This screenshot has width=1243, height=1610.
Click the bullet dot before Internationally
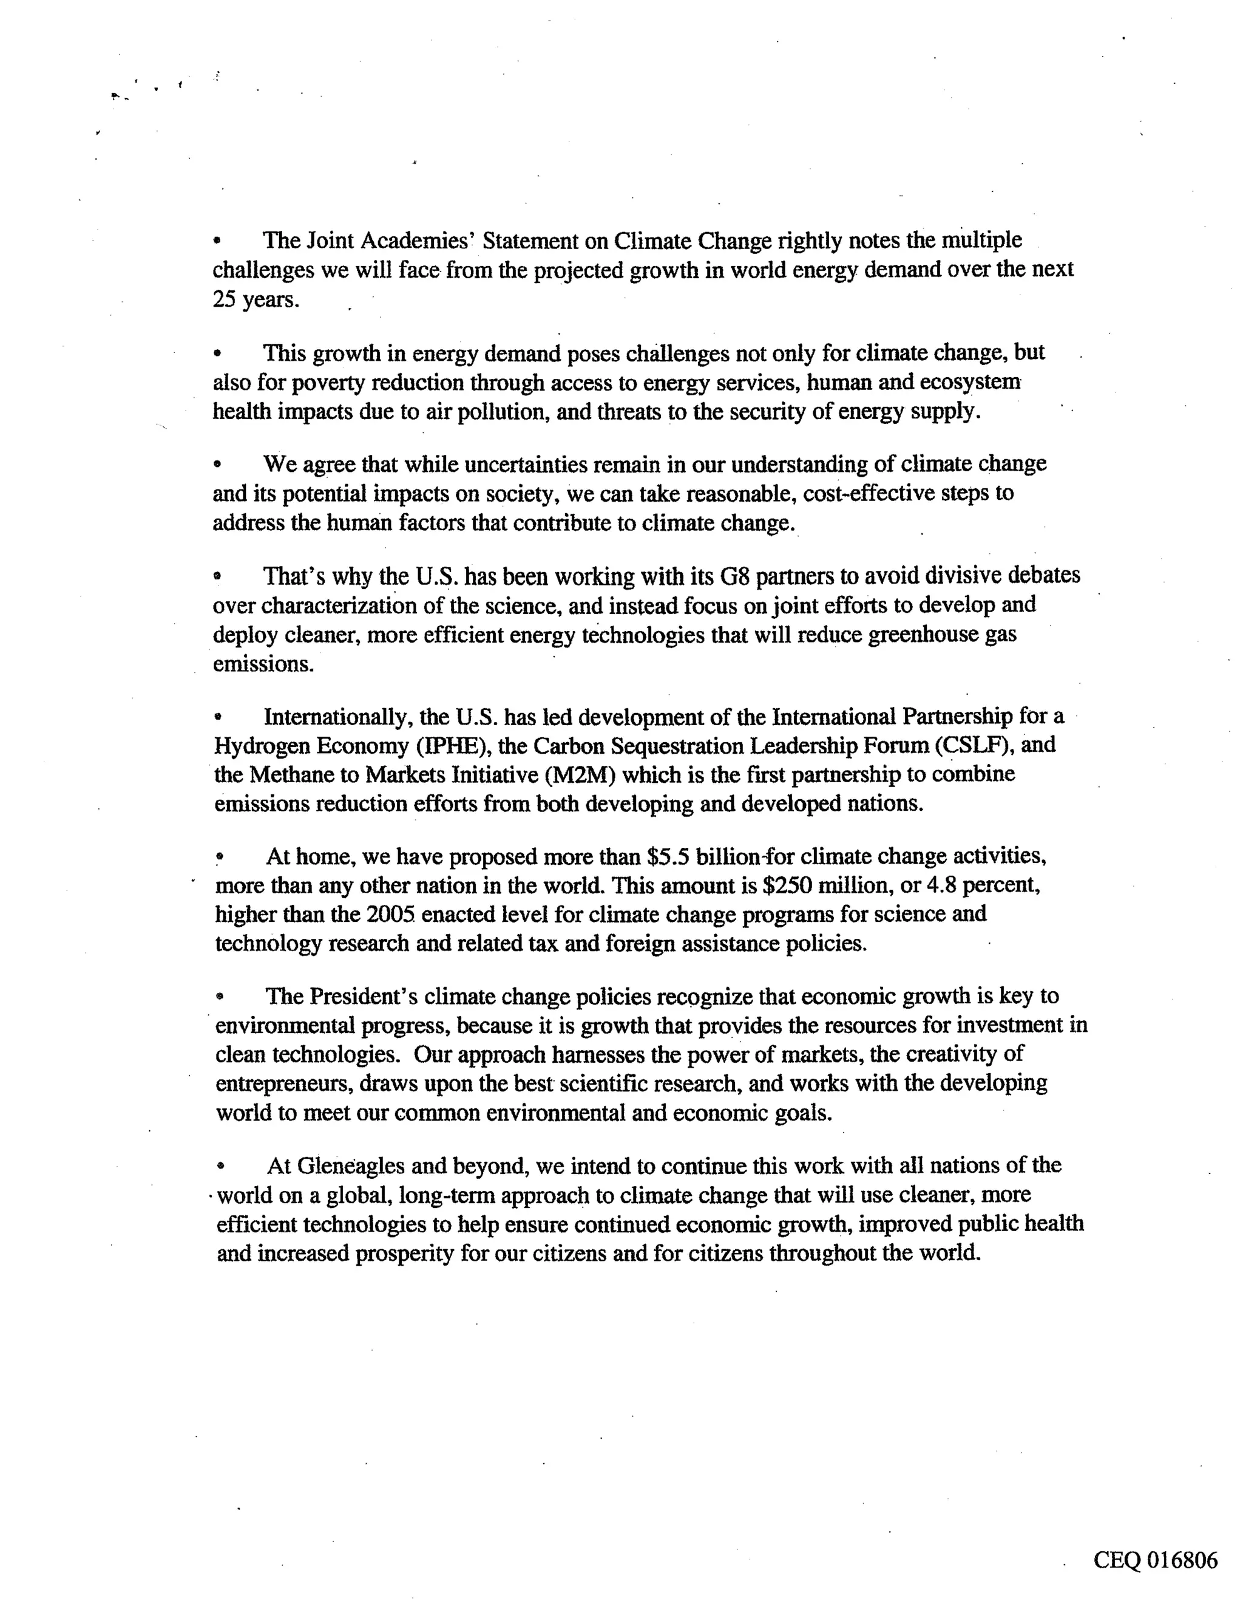217,717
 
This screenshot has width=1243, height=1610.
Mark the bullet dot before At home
219,858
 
